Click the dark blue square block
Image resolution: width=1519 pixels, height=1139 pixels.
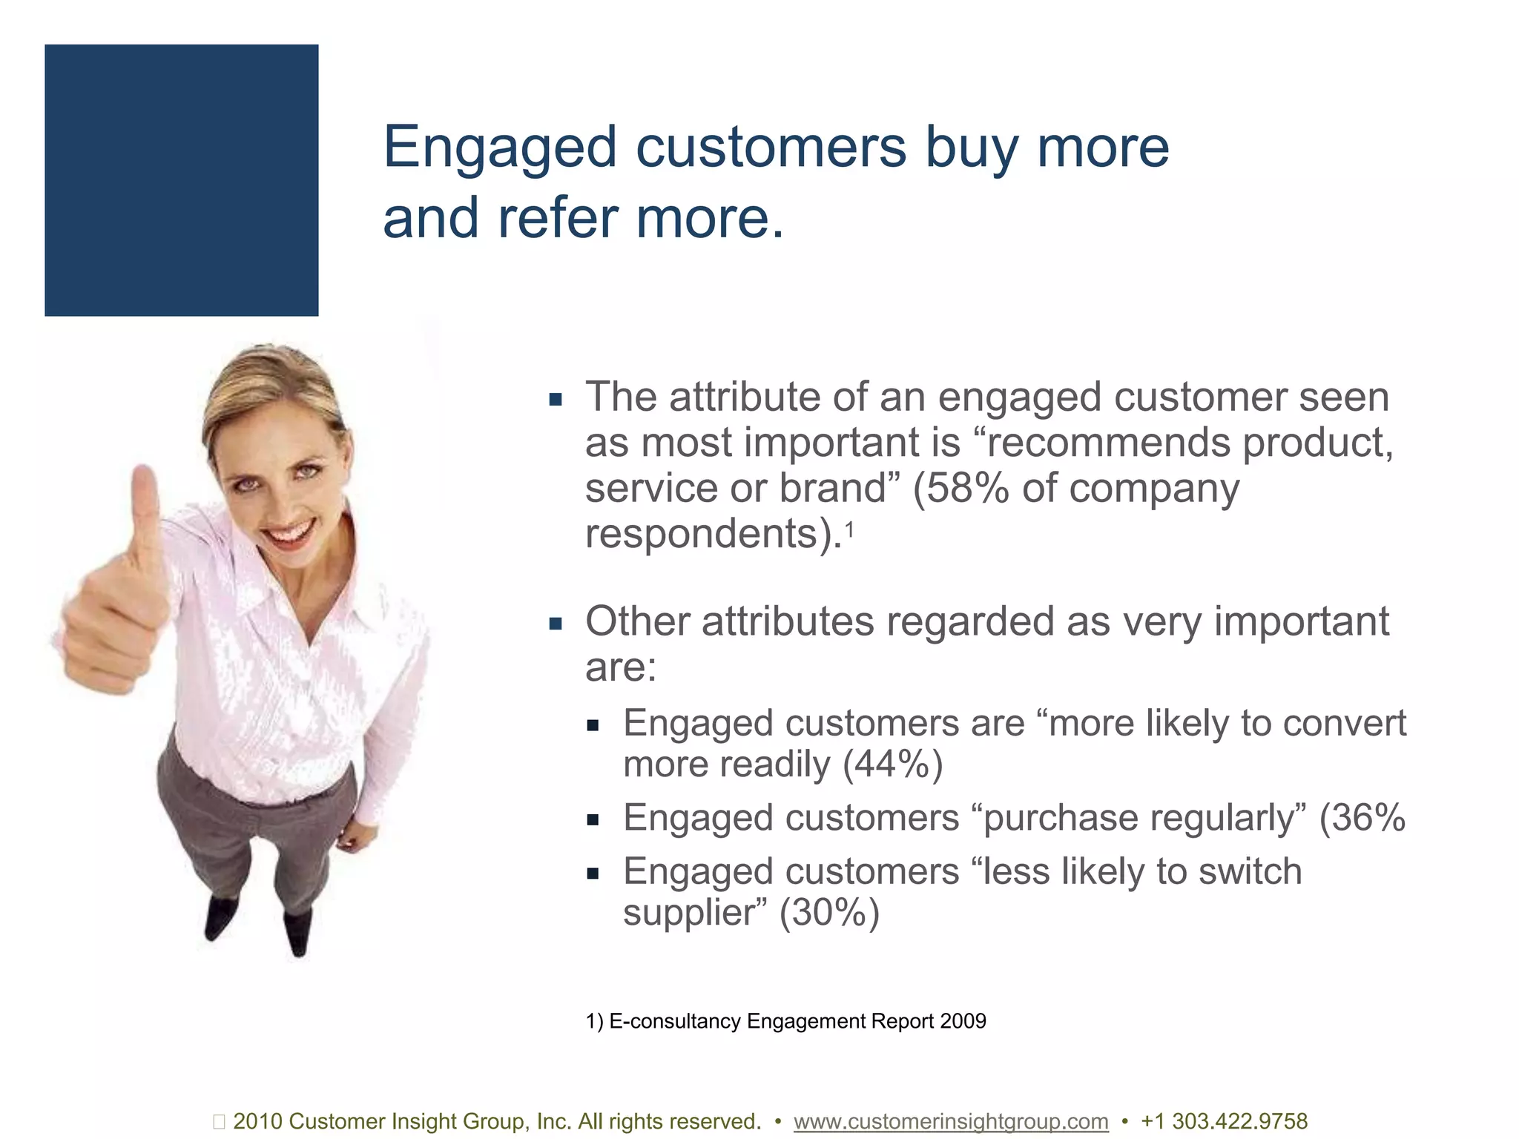coord(181,180)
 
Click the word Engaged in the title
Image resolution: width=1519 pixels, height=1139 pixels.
coord(499,148)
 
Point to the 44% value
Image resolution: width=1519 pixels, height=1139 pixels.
coord(893,765)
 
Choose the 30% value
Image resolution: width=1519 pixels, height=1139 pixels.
coord(829,913)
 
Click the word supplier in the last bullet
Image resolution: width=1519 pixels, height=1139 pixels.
coord(693,913)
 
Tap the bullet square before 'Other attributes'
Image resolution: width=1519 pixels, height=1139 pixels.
coord(556,623)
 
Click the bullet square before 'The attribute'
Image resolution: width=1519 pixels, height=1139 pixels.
coord(556,400)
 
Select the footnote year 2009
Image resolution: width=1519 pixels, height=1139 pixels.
coord(962,1021)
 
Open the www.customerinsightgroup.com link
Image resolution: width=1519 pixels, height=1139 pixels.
coord(950,1121)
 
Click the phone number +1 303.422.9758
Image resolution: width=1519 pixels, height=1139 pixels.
coord(1224,1121)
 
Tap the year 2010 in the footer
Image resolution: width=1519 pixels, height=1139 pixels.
coord(257,1121)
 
